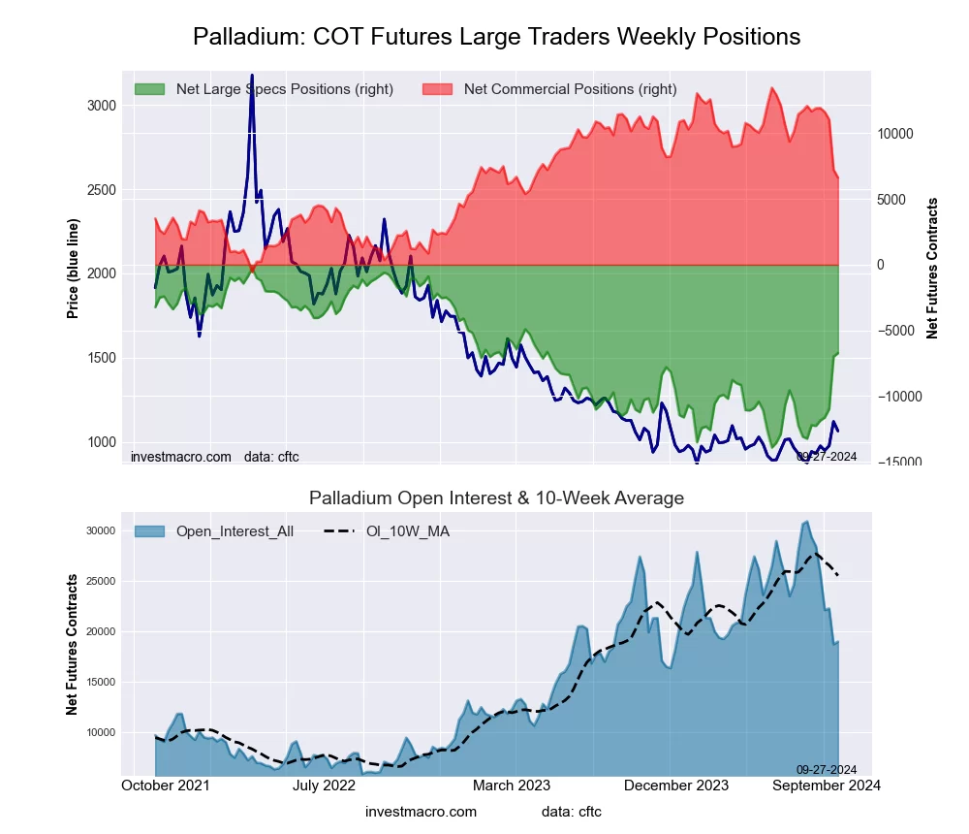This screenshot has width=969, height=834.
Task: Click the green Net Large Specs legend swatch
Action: point(149,89)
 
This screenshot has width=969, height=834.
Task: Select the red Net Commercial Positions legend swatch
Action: point(437,89)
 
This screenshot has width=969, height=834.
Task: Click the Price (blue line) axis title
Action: point(73,269)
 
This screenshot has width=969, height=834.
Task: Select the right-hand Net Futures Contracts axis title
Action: point(932,269)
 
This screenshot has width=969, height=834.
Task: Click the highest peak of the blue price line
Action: point(252,76)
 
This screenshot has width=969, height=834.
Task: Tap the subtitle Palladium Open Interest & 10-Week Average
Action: point(496,498)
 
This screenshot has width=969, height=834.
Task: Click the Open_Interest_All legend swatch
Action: point(149,531)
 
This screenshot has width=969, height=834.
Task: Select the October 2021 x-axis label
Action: point(166,785)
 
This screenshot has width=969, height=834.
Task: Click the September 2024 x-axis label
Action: point(826,785)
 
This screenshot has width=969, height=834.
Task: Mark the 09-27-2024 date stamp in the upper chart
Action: point(826,456)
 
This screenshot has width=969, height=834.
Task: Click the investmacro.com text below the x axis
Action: point(421,812)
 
